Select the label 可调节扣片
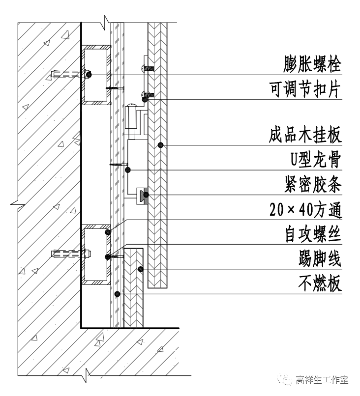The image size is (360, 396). [x=305, y=89]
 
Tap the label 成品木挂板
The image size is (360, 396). [x=305, y=135]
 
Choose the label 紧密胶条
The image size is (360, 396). [x=305, y=185]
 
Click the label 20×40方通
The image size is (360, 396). [x=305, y=210]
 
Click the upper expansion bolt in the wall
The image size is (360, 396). [x=69, y=75]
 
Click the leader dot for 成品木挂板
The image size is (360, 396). [x=160, y=145]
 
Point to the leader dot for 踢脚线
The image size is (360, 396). [x=140, y=269]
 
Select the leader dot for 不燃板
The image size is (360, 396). [x=117, y=294]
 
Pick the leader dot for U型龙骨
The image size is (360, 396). [x=128, y=170]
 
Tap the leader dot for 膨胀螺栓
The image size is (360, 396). [x=90, y=75]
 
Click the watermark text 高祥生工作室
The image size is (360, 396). [x=322, y=380]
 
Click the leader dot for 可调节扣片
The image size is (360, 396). [x=145, y=100]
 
